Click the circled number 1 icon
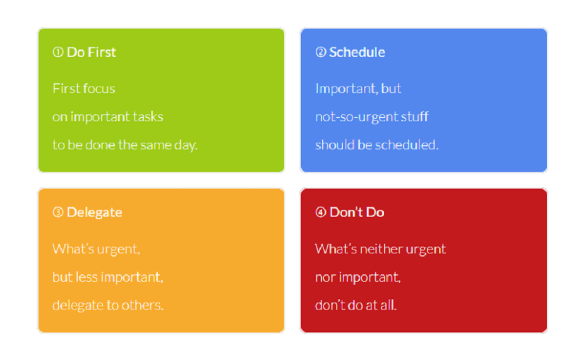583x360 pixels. (58, 52)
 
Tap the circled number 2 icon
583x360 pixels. (321, 52)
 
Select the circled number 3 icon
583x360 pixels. (58, 212)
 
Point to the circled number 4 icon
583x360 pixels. (321, 212)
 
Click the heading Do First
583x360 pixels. (92, 52)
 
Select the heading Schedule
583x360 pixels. (357, 52)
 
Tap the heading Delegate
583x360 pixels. (95, 212)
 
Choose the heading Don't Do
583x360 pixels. (357, 212)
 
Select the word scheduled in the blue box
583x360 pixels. (407, 145)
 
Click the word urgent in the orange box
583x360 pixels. (118, 249)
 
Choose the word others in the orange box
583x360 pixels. (142, 305)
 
